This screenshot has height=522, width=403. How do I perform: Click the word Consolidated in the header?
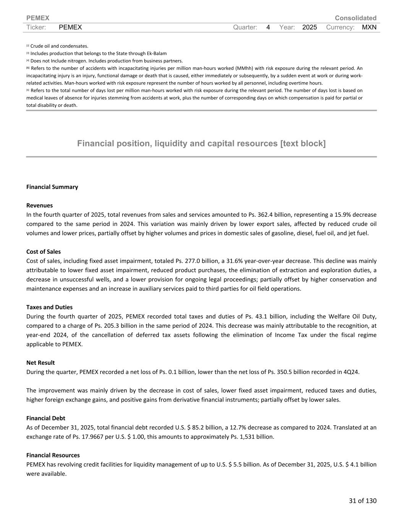point(355,18)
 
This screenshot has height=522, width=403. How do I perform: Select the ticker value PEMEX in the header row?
point(70,28)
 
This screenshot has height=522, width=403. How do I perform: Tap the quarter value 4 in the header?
point(268,28)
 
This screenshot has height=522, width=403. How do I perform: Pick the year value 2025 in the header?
point(309,28)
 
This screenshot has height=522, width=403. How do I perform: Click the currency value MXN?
point(369,28)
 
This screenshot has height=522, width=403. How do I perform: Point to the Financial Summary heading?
point(52,187)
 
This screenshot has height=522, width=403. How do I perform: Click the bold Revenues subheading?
point(39,205)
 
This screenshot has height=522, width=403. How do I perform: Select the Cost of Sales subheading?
point(44,252)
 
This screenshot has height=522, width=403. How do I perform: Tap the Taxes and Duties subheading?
point(49,307)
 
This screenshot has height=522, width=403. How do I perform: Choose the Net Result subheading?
point(40,363)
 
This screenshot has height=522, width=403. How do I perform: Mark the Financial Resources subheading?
point(53,455)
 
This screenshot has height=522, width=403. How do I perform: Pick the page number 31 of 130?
point(363,501)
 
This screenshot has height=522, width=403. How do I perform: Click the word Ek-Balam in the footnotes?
point(157,54)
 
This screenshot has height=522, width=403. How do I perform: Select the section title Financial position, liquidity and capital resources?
point(201,143)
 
